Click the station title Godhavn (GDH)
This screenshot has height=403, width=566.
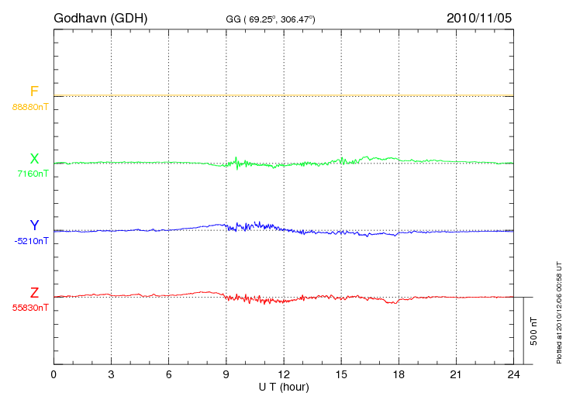coord(100,17)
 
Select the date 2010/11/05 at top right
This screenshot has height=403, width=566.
coord(479,17)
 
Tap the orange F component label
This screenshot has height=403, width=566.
coord(34,91)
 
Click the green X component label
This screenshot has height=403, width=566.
coord(34,159)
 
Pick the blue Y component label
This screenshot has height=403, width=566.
coord(34,226)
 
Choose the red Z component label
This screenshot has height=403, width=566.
coord(34,293)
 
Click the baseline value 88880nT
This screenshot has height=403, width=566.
coord(30,107)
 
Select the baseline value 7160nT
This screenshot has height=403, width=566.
coord(33,174)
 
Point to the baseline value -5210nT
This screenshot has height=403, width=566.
coord(31,241)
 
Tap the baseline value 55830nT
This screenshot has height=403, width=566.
coord(30,308)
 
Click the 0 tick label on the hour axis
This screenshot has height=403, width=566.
coord(53,375)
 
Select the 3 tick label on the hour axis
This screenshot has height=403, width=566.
coord(111,375)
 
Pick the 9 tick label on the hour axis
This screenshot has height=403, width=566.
coord(226,375)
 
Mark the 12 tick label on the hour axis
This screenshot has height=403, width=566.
coord(284,375)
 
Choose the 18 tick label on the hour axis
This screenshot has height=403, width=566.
coord(399,375)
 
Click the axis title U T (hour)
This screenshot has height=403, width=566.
coord(283,387)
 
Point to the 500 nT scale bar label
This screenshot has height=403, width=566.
coord(533,330)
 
